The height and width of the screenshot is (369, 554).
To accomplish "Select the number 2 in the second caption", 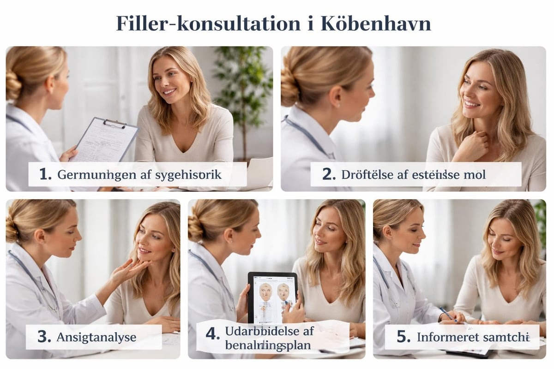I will click(x=328, y=174).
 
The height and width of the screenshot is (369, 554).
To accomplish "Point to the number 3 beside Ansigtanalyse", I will click(x=44, y=337).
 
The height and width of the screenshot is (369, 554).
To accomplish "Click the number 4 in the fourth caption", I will click(x=212, y=334).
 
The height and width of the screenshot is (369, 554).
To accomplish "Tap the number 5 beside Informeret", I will click(x=403, y=337).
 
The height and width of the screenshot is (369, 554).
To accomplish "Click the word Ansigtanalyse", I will click(x=96, y=337).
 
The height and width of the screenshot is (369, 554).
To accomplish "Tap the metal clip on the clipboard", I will click(x=114, y=123).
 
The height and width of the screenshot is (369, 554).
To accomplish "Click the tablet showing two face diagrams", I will click(x=272, y=298).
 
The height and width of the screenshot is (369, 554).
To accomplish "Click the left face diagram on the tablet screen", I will click(x=265, y=292).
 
